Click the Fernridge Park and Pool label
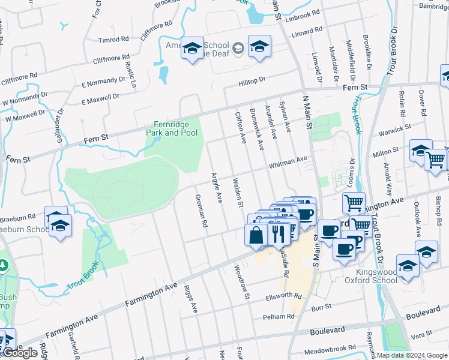pos(171,128)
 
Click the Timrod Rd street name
pos(114,40)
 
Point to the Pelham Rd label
pos(276,316)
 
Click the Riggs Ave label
pos(191,299)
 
